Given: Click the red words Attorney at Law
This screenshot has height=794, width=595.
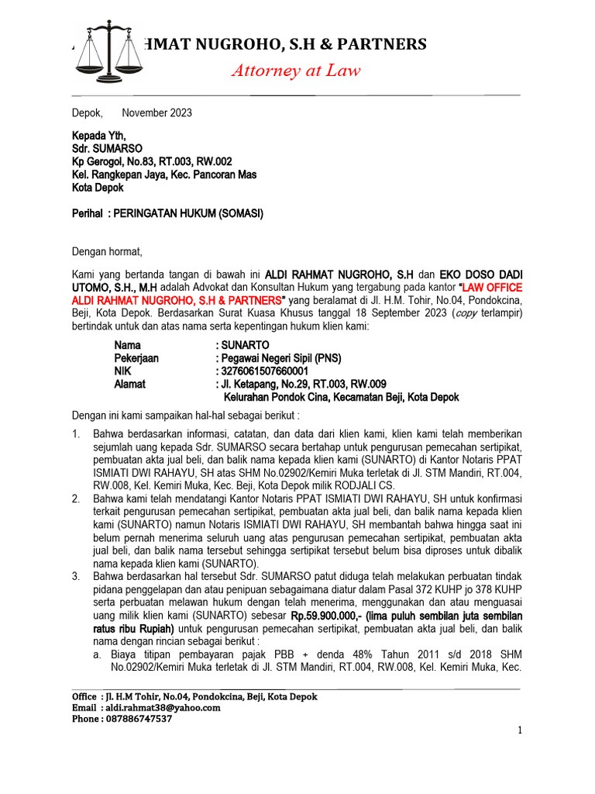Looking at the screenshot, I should pos(297,71).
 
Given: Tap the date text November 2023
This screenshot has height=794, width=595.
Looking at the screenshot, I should pos(157,113).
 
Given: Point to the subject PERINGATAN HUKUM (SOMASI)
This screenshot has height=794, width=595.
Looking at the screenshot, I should pos(188,213).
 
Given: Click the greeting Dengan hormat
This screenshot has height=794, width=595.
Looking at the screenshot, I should pos(108,251).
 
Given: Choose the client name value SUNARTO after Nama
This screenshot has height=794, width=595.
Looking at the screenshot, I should pos(246,344).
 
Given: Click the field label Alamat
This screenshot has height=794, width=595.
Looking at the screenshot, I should pos(129,384).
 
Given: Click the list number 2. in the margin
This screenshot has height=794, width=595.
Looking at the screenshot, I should pos(77,499).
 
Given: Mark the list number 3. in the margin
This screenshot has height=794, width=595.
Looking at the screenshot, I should pos(77,577).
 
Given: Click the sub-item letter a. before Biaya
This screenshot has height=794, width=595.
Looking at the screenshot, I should pos(98,654).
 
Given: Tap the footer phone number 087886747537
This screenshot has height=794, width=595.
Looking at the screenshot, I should pos(136,719).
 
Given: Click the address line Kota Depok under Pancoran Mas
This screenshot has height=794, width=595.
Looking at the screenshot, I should pos(98,188).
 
